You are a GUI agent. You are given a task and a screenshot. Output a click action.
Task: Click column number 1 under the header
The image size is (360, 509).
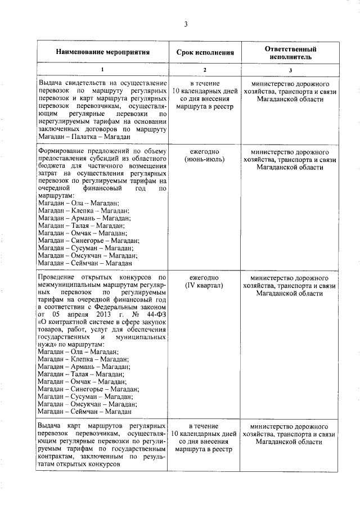(102, 70)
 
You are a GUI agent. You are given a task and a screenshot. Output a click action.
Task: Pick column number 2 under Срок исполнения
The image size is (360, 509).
(204, 70)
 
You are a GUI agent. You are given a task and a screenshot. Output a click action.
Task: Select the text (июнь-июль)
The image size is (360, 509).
(204, 159)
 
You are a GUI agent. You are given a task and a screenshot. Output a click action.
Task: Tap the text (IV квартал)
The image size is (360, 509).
(204, 286)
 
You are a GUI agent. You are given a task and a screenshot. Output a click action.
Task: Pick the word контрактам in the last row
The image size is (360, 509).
(56, 457)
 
